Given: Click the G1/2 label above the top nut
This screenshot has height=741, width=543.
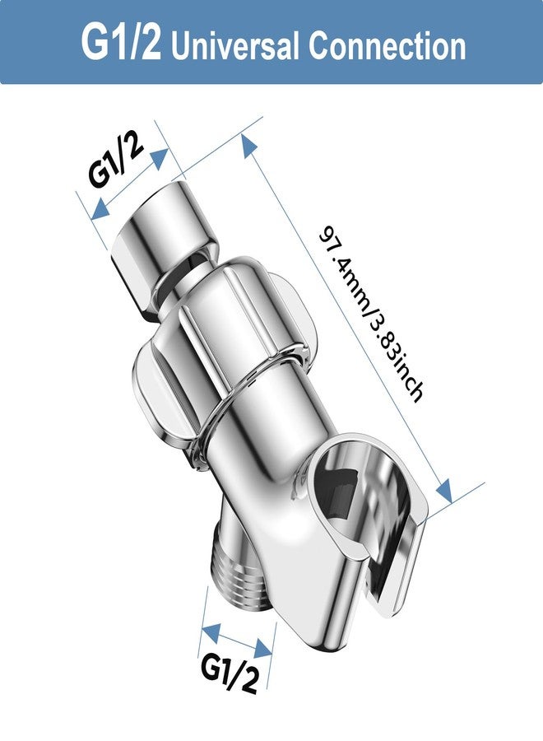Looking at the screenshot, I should point(117,161).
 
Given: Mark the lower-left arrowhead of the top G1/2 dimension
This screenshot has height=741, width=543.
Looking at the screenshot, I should point(100,212).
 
